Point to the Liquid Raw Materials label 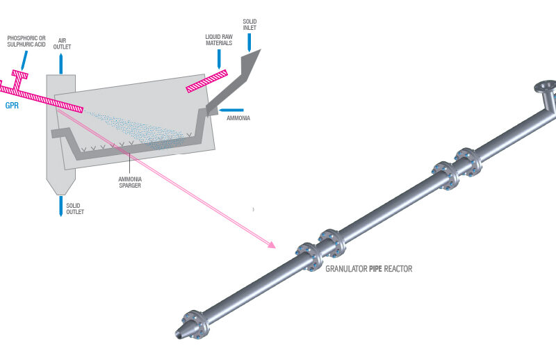coord(219,38)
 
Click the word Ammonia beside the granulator coord(237,118)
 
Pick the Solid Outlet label coord(74,208)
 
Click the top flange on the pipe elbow coord(545,88)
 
